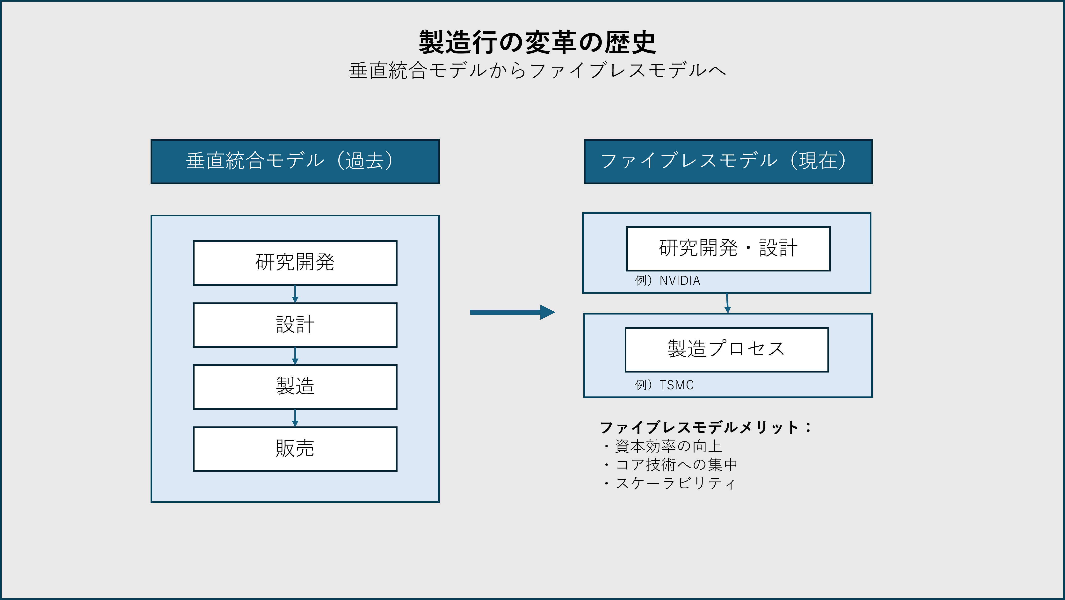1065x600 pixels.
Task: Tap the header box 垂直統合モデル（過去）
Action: [x=295, y=161]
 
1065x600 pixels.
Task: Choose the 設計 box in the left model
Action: [x=295, y=325]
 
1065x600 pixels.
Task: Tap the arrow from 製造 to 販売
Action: [x=295, y=418]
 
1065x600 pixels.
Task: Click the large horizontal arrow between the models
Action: [x=512, y=312]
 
